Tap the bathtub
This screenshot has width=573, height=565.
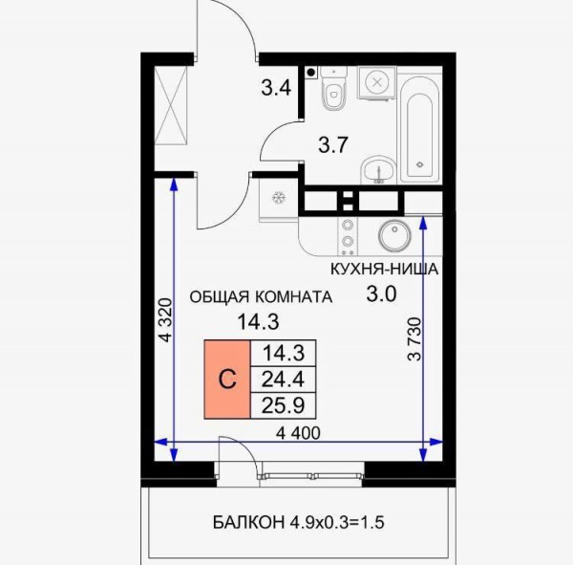point(419,129)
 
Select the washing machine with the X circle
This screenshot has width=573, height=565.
point(377,83)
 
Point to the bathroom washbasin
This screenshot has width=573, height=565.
point(378,170)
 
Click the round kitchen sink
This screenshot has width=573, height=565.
point(394,235)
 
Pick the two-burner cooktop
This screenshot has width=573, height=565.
point(348,236)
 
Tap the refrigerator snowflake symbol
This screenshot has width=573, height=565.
point(279,198)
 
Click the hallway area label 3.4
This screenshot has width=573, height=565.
point(276,88)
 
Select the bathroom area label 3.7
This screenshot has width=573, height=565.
point(332,145)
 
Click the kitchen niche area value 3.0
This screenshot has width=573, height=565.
point(381,293)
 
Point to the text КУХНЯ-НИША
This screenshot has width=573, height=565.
point(384,270)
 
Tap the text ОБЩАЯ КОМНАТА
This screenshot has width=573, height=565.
point(261,296)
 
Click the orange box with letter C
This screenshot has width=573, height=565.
point(227,380)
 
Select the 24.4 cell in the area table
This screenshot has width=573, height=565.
point(284,380)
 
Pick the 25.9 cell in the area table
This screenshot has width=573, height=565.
point(284,405)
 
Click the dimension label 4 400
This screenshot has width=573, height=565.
point(298,433)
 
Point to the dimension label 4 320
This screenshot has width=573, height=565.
point(166,320)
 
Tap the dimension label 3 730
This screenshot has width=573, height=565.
point(414,339)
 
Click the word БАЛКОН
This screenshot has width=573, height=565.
point(248,522)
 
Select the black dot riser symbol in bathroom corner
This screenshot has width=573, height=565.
point(311,73)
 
